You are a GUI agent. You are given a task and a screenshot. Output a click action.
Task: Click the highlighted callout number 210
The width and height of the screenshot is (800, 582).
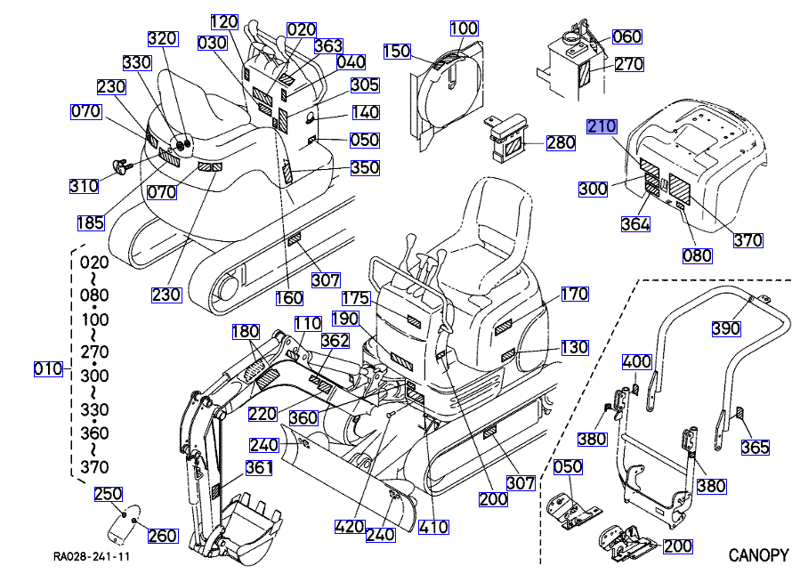pyautogui.click(x=602, y=127)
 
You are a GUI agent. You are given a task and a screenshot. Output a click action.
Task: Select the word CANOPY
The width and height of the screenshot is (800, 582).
pyautogui.click(x=758, y=556)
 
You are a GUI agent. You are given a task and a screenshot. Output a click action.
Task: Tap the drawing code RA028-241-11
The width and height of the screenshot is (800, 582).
pyautogui.click(x=92, y=558)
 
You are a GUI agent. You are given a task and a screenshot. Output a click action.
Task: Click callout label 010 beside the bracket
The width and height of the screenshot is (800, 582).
pyautogui.click(x=48, y=368)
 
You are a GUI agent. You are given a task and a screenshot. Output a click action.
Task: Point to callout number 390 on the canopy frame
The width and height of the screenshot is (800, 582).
pyautogui.click(x=726, y=328)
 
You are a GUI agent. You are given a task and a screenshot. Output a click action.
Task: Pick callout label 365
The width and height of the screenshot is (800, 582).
pyautogui.click(x=755, y=448)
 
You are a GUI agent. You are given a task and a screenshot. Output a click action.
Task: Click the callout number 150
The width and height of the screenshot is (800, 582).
pyautogui.click(x=397, y=53)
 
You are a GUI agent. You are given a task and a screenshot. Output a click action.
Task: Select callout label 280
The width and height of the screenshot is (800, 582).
pyautogui.click(x=561, y=143)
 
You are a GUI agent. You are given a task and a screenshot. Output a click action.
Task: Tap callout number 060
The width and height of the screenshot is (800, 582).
pyautogui.click(x=627, y=36)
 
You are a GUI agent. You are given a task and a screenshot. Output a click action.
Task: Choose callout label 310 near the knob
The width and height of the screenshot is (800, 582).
pyautogui.click(x=85, y=186)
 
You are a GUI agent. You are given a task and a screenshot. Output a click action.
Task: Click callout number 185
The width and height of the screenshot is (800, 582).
pyautogui.click(x=90, y=222)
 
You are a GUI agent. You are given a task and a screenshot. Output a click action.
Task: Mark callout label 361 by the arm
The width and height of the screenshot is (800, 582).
pyautogui.click(x=259, y=469)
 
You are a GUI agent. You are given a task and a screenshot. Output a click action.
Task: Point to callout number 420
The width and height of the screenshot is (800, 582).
pyautogui.click(x=351, y=526)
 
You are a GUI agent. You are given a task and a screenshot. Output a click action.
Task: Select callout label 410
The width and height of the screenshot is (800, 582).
pyautogui.click(x=433, y=526)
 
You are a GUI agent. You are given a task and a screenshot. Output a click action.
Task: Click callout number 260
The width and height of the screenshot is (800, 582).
pyautogui.click(x=163, y=536)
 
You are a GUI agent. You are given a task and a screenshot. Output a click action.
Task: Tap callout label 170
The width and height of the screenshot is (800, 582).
pyautogui.click(x=575, y=294)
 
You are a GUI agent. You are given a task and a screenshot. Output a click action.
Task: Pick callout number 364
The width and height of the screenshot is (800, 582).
pyautogui.click(x=635, y=224)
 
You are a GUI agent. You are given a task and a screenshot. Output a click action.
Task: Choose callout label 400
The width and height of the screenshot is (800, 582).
pyautogui.click(x=636, y=362)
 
